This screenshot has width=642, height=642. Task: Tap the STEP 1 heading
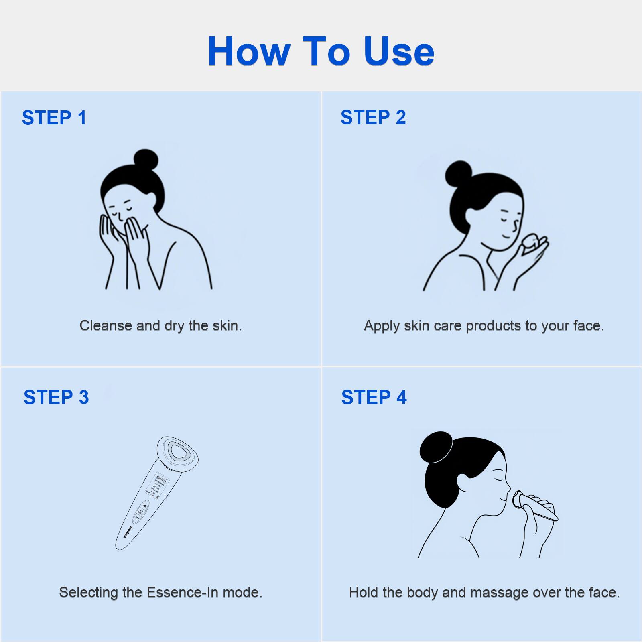tap(54, 118)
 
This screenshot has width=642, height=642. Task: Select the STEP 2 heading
tap(373, 118)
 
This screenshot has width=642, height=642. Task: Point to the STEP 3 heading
tap(56, 397)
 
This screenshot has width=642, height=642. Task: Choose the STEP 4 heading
tap(374, 397)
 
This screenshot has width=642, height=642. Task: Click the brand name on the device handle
tap(128, 532)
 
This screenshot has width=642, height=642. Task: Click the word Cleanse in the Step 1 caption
tap(106, 325)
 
